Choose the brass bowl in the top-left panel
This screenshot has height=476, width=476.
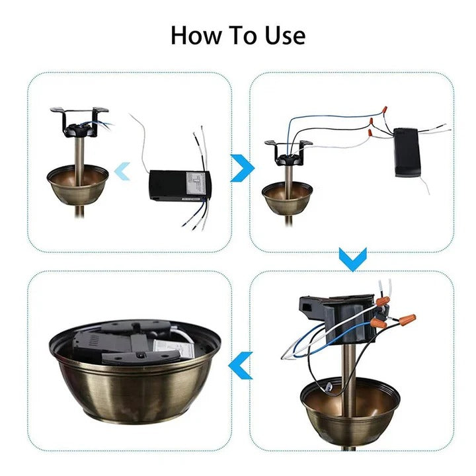[77, 183]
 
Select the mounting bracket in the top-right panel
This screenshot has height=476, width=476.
[288, 151]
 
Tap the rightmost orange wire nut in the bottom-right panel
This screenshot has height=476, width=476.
[405, 319]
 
